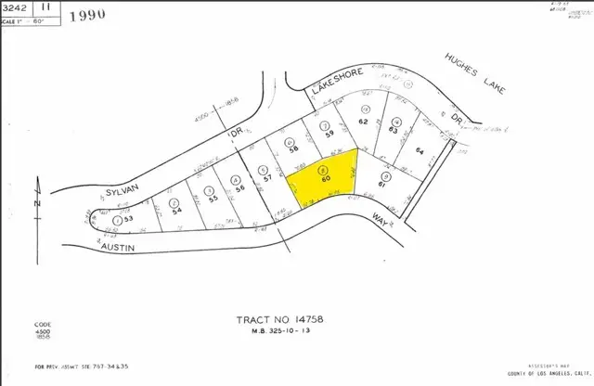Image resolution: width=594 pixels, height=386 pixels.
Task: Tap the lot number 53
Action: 129,219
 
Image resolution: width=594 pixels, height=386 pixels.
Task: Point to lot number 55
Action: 212,199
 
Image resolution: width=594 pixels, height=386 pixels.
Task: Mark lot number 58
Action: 293,148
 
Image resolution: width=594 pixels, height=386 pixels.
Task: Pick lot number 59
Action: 328,134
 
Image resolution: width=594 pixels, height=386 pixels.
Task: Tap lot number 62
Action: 363,122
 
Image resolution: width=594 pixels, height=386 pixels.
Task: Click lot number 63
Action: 395,131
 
